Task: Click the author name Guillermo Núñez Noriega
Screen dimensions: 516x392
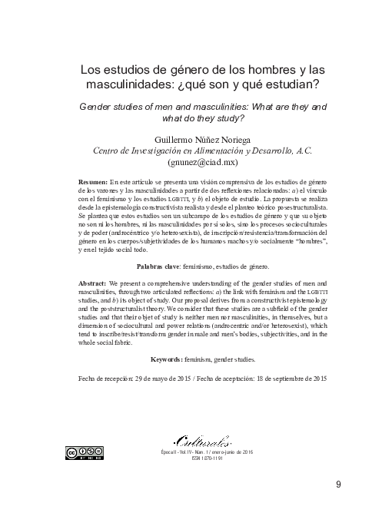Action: (x=203, y=139)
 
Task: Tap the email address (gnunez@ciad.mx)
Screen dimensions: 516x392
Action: (x=203, y=164)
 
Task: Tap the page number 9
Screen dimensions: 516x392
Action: (x=339, y=484)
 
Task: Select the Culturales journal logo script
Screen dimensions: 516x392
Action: (x=202, y=441)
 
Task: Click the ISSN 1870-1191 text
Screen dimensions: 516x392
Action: (x=203, y=460)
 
